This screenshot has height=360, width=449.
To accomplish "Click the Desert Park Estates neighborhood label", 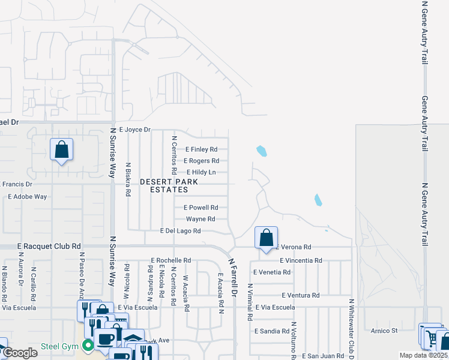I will point(164,185).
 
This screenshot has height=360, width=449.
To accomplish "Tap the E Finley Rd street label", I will point(201,149).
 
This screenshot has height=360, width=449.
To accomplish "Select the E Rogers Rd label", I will point(201,161).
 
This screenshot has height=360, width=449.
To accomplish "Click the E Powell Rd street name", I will point(200,208).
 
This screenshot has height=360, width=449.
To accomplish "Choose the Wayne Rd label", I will point(200,219).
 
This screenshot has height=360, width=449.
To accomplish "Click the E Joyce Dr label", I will point(134,130).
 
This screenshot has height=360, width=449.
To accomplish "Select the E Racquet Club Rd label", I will point(49,246).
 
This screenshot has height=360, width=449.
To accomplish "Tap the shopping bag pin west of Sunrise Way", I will point(62,149).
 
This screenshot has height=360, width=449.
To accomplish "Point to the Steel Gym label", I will point(61,346).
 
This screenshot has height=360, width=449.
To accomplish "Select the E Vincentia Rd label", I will point(301,260).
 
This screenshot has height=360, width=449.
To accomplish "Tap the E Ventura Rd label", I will point(301,295).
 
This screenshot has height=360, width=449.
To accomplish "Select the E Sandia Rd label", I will point(272,331).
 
